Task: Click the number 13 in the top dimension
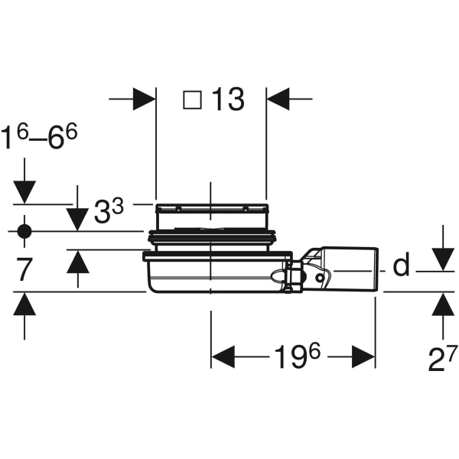pyautogui.click(x=226, y=99)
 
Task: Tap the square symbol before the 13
pyautogui.click(x=193, y=100)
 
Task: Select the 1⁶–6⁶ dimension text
pyautogui.click(x=39, y=138)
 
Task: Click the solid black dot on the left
pyautogui.click(x=24, y=230)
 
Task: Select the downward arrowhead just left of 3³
pyautogui.click(x=76, y=219)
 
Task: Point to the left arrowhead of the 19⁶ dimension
pyautogui.click(x=223, y=356)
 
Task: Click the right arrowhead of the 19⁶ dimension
pyautogui.click(x=363, y=356)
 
